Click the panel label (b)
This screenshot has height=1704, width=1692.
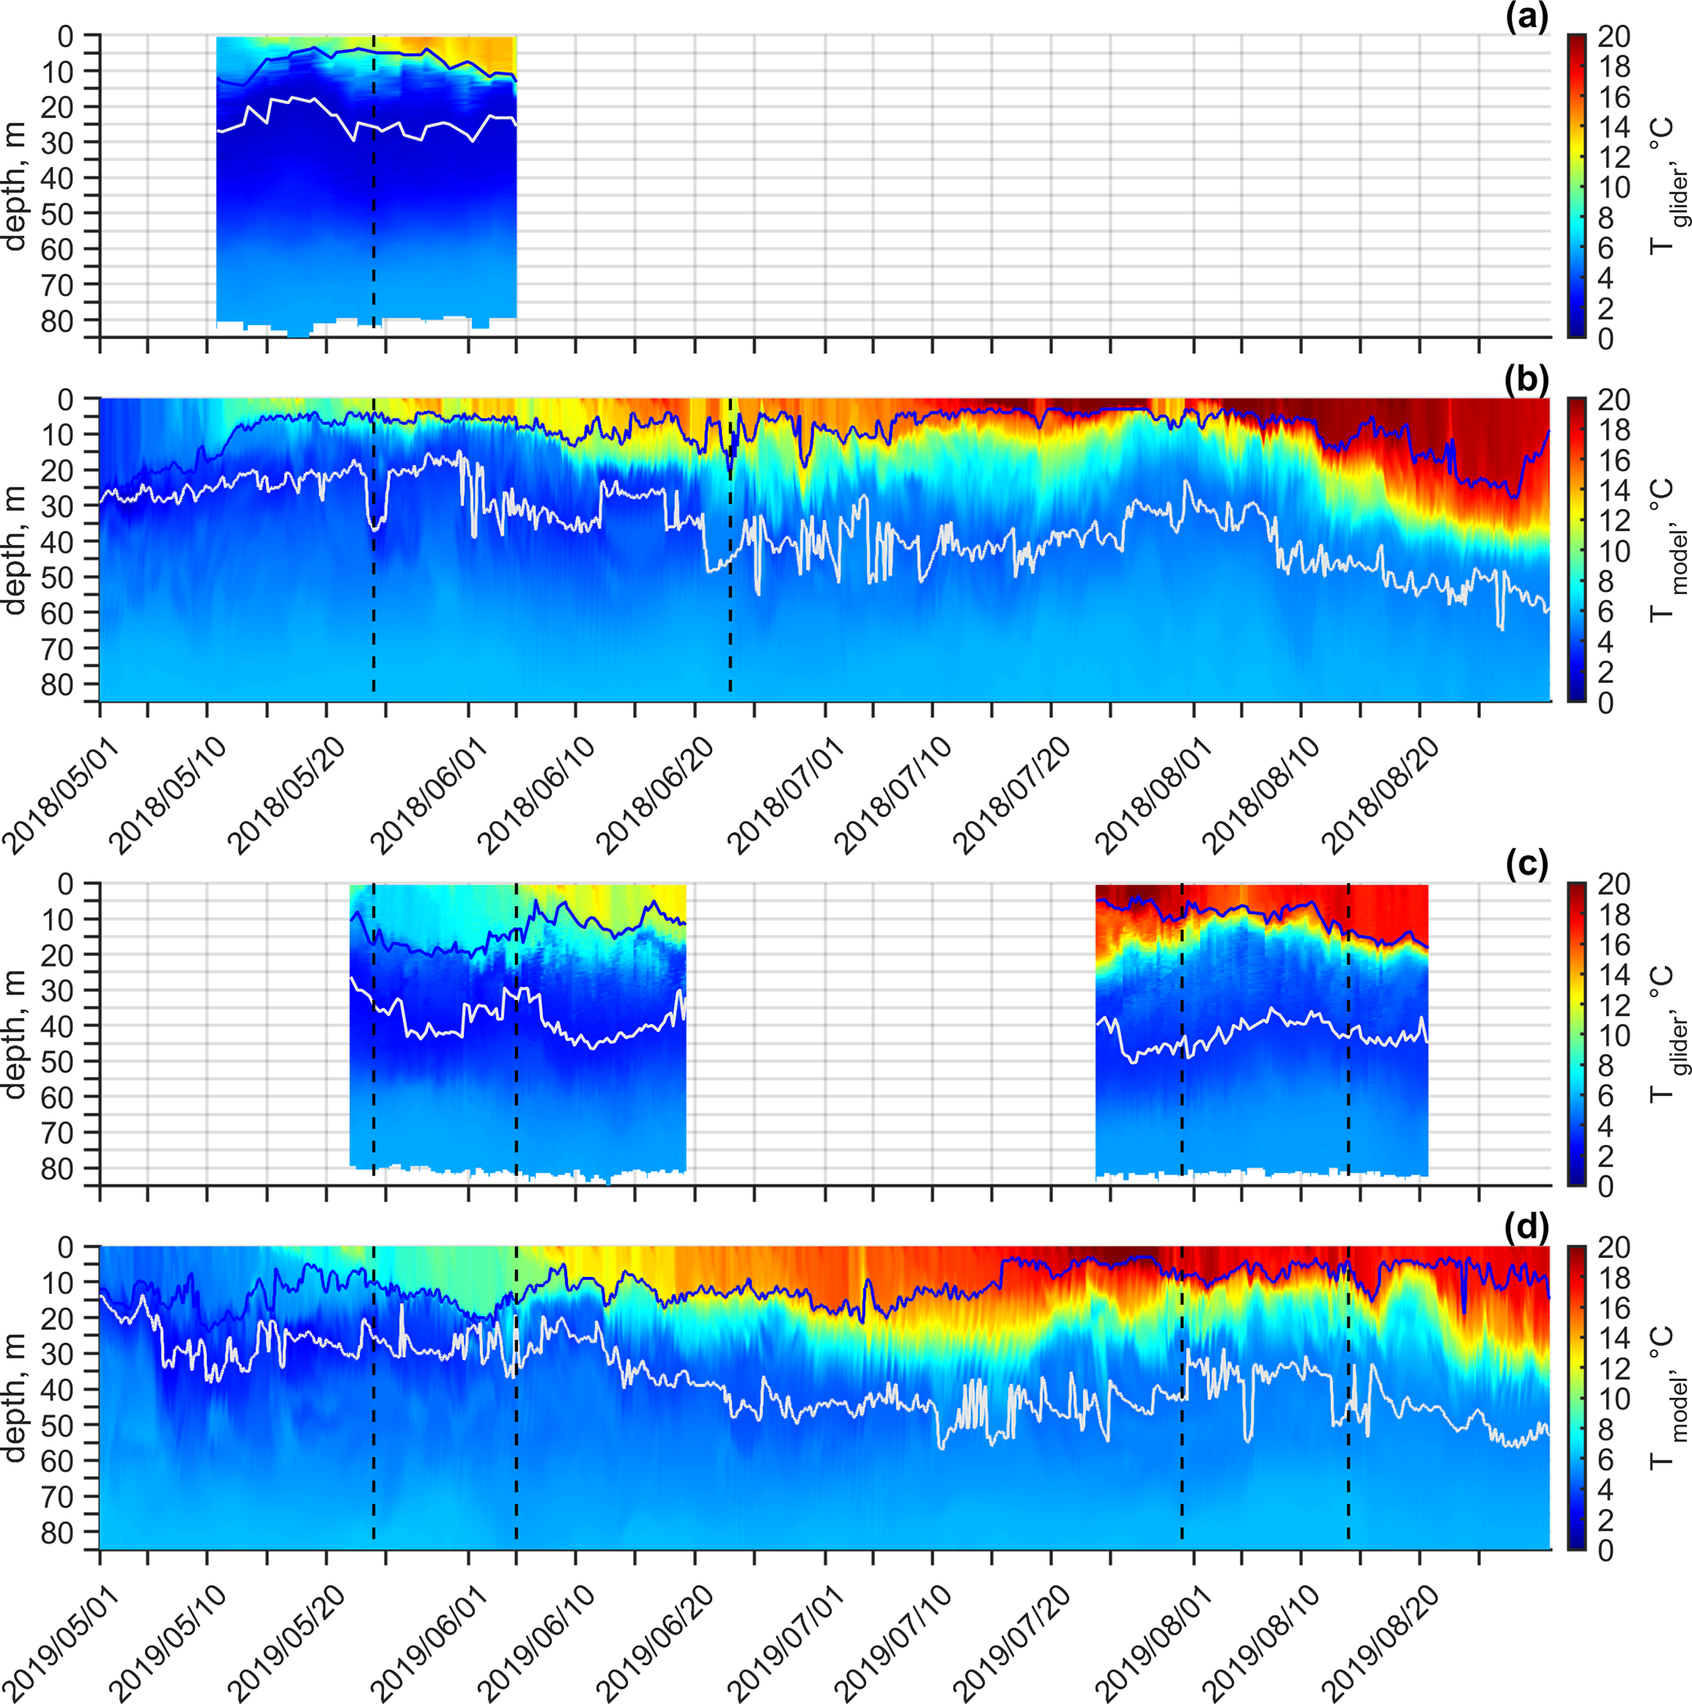click(1527, 379)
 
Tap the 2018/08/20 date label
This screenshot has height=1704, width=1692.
click(1379, 794)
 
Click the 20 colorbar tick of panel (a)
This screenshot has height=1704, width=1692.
click(1614, 37)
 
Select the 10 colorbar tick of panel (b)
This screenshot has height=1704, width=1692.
click(1614, 552)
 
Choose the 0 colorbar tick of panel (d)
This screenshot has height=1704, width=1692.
click(1605, 1549)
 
